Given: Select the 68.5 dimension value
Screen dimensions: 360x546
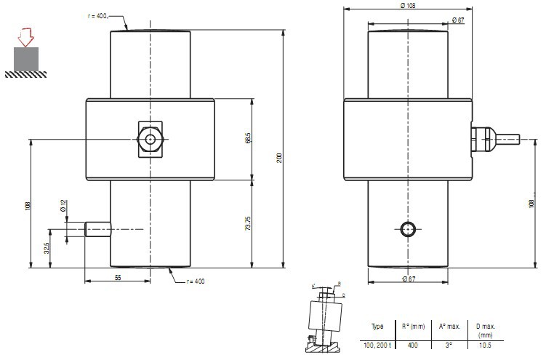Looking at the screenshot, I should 249,138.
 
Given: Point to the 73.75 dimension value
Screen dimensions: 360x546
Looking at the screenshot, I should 249,223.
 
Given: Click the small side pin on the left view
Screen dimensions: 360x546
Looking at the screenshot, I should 97,229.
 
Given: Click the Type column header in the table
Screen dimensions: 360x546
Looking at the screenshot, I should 377,327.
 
